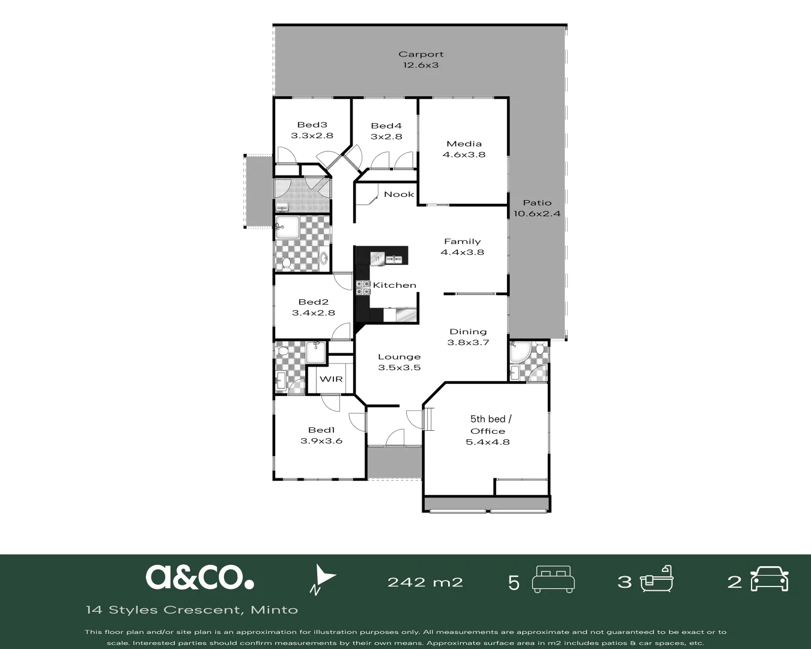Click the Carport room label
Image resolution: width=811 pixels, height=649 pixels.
point(421,54)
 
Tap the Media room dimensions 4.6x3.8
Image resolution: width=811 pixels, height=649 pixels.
point(464,154)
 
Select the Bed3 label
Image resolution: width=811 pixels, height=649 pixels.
point(312,125)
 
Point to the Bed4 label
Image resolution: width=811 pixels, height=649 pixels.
point(386,126)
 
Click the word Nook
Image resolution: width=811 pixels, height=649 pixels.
point(399,194)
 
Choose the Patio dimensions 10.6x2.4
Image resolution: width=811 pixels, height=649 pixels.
point(536,213)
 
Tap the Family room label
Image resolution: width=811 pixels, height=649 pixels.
point(462,242)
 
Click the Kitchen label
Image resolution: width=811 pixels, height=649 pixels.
point(394,285)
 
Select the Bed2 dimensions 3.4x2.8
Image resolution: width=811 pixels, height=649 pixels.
point(313,312)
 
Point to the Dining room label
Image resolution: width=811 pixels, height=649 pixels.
point(468,331)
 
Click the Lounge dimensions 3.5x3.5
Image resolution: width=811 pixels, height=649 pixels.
point(399,368)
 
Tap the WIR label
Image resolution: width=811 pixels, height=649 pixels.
point(331,379)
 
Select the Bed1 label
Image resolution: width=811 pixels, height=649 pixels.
point(321,430)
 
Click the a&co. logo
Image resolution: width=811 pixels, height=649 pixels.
point(199,577)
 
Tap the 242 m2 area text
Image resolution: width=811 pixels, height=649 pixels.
point(425,582)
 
